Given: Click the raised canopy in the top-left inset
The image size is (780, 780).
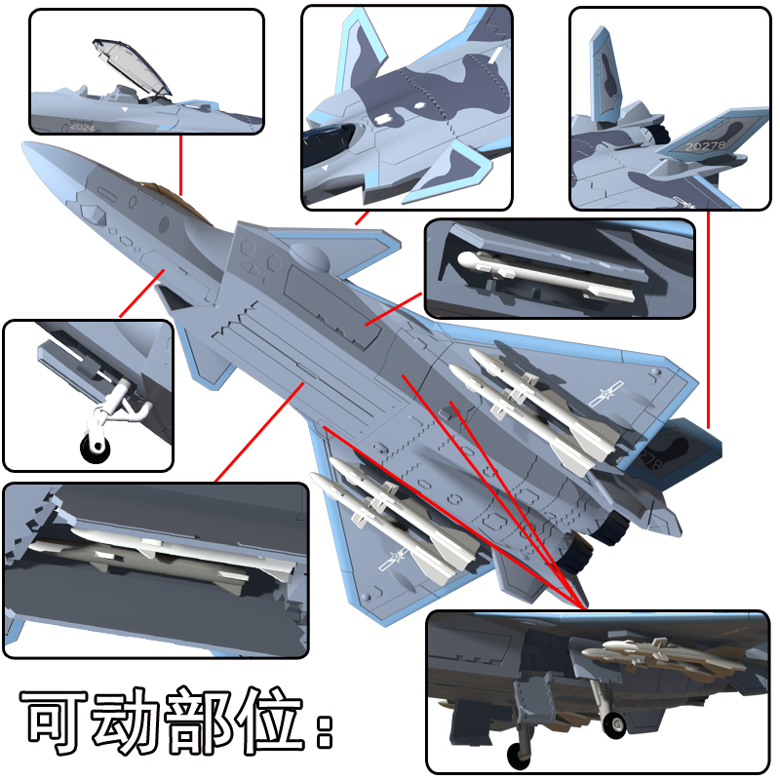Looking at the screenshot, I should coord(132,65).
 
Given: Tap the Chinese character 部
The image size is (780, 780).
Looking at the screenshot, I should coord(201,721).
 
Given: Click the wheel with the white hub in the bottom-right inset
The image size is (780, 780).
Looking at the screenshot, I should coord(616,723).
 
